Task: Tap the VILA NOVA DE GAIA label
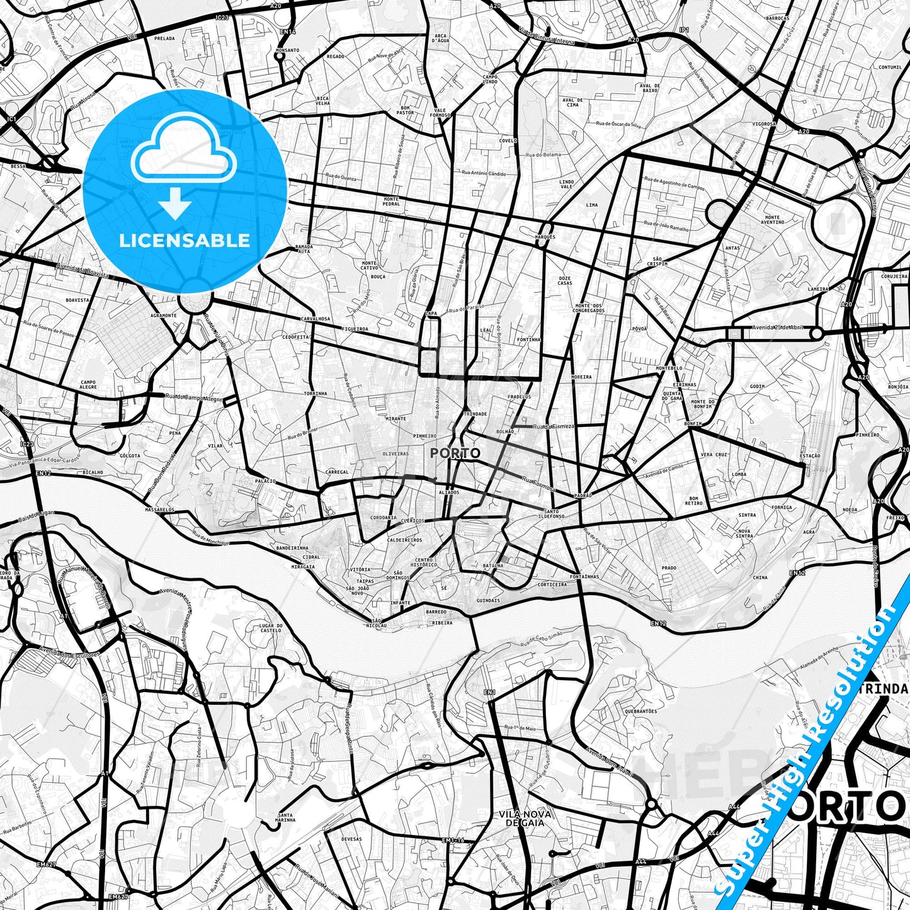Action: point(525,818)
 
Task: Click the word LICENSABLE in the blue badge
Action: point(185,240)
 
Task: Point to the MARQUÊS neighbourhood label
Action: point(545,237)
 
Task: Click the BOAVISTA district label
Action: point(77,300)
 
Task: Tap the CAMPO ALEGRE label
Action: point(88,385)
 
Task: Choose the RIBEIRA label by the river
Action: point(442,623)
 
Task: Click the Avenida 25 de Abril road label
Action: point(778,327)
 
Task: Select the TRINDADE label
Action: point(475,414)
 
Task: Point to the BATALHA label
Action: point(492,566)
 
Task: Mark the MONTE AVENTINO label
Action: point(772,220)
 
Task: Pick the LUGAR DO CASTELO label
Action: point(270,627)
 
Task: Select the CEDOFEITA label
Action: point(296,337)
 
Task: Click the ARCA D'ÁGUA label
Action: point(440,38)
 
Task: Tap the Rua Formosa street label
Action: point(538,484)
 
